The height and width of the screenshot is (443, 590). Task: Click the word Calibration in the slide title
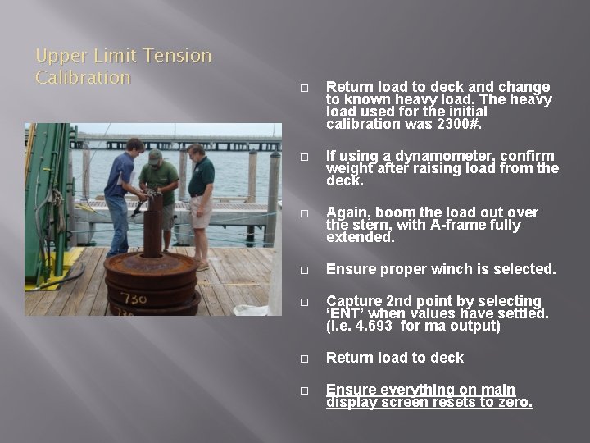[x=83, y=78]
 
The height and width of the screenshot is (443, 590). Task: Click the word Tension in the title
[x=177, y=56]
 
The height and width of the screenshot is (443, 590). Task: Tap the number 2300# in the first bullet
[x=459, y=124]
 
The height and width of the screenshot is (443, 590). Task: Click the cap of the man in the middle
[x=155, y=155]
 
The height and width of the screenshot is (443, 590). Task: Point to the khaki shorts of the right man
[x=200, y=212]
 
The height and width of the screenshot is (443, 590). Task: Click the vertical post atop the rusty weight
[x=152, y=226]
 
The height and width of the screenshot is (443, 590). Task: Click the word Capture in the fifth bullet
[x=352, y=301]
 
